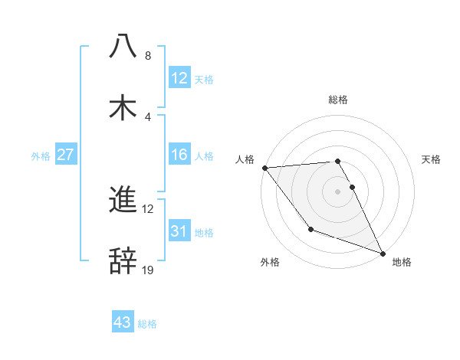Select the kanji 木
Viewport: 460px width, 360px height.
[x=123, y=107]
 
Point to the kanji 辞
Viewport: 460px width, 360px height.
[x=123, y=260]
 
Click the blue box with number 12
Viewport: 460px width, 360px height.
[x=179, y=77]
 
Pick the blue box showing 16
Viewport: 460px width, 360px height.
[x=179, y=155]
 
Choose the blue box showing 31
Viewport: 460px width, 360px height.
[x=179, y=231]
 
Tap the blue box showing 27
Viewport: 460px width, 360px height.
[x=66, y=155]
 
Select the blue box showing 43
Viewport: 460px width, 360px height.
[x=123, y=322]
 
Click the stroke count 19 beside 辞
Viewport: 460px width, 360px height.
[x=148, y=270]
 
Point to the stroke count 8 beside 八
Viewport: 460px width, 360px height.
[x=147, y=56]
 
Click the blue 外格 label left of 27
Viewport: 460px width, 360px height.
[x=41, y=155]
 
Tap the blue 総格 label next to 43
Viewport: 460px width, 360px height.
[x=147, y=324]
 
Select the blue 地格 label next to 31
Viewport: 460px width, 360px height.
[x=204, y=232]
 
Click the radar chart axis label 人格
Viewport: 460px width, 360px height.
[x=245, y=159]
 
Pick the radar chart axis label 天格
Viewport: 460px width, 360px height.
[x=431, y=159]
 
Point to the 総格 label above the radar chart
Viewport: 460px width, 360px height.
[x=338, y=100]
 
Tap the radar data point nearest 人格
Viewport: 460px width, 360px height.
[x=264, y=168]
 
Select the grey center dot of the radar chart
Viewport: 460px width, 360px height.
[x=338, y=191]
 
